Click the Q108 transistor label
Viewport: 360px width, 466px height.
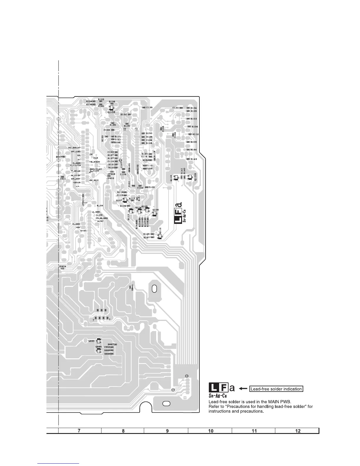tap(111, 112)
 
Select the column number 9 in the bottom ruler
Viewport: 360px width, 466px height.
tap(167, 431)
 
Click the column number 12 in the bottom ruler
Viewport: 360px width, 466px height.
tap(298, 431)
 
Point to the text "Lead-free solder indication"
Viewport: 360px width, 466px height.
tap(276, 389)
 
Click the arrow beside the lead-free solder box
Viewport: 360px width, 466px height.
tap(243, 389)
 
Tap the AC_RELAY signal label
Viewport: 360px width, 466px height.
tap(74, 147)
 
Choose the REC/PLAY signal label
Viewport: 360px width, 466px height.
tap(96, 169)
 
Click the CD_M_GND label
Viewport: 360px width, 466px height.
tap(102, 218)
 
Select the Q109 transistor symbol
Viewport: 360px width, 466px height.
tap(190, 177)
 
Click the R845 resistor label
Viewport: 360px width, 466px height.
tap(133, 287)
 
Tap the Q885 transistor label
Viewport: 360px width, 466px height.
tap(91, 341)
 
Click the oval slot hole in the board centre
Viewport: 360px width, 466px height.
tap(154, 289)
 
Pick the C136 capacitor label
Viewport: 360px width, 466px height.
tap(149, 108)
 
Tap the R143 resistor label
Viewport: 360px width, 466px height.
tap(194, 159)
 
